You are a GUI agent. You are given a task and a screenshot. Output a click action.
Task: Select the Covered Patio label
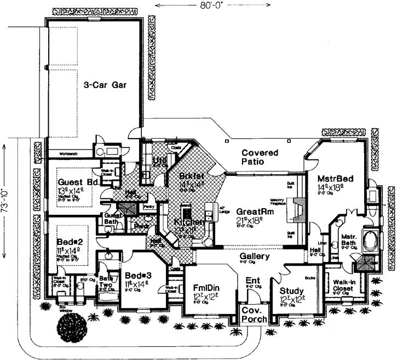click(260, 157)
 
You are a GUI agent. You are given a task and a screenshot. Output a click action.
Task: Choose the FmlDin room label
click(205, 288)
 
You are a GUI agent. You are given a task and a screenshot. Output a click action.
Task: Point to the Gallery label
click(254, 256)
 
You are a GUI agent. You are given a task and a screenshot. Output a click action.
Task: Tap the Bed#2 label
click(69, 240)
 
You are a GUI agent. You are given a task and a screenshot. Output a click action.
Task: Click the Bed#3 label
click(137, 275)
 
